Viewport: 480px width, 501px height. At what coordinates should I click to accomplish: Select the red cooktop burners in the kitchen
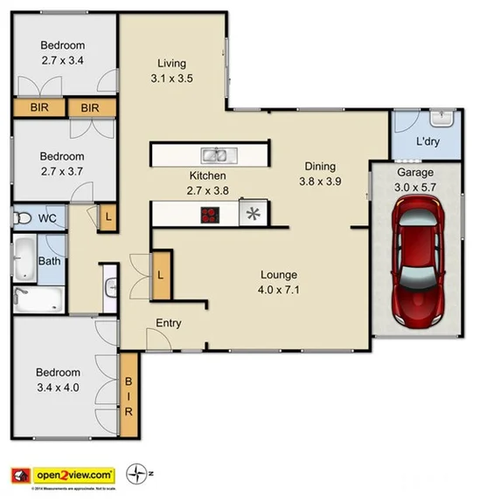(x=211, y=214)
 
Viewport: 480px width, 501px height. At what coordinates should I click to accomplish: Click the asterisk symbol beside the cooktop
(x=253, y=213)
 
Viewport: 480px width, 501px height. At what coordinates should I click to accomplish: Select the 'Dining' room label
(x=320, y=166)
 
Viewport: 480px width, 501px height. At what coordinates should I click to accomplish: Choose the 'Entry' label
(x=169, y=323)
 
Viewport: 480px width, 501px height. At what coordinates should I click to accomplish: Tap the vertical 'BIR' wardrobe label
(x=129, y=395)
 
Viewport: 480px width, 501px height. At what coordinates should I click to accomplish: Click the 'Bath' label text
(x=49, y=261)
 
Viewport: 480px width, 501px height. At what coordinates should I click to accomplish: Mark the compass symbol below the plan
(x=138, y=475)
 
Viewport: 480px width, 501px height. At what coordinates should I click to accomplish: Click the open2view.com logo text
(x=73, y=475)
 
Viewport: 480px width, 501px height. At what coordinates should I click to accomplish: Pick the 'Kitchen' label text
(x=208, y=175)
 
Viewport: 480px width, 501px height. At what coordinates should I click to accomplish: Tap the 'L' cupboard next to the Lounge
(x=163, y=274)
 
